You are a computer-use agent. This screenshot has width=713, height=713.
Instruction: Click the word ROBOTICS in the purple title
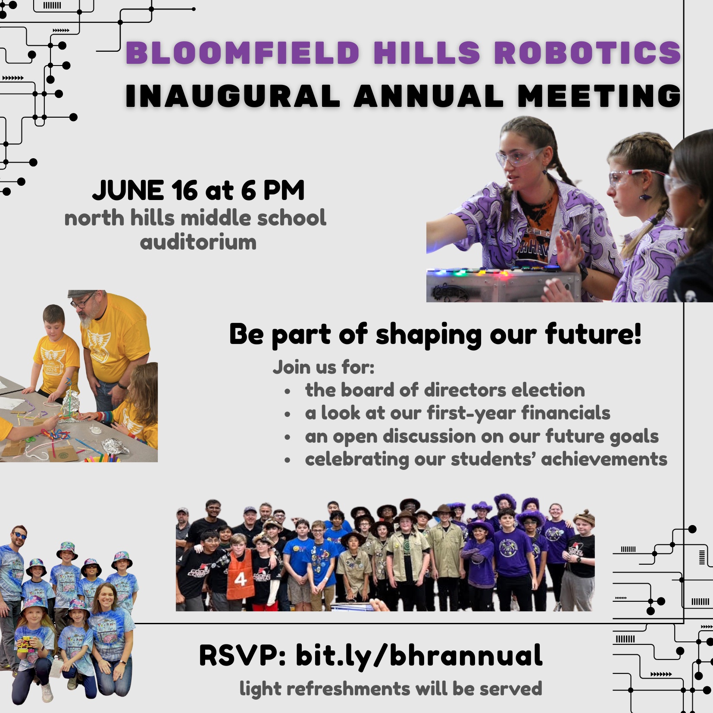click(587, 53)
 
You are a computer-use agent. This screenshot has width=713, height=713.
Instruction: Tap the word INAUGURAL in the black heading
click(233, 96)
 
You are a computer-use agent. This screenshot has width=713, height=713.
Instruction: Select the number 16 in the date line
click(185, 191)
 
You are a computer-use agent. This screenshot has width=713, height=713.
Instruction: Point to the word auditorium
click(198, 242)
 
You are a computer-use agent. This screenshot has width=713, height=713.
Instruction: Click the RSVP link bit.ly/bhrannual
click(419, 656)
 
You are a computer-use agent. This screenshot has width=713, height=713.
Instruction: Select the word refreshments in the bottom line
click(348, 688)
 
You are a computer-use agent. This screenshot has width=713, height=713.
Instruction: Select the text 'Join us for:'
click(323, 368)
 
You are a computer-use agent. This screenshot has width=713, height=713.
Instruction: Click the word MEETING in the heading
click(599, 96)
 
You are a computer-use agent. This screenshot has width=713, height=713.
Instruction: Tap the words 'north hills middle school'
click(195, 218)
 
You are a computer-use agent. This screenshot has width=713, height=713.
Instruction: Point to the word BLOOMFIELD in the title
click(243, 53)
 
